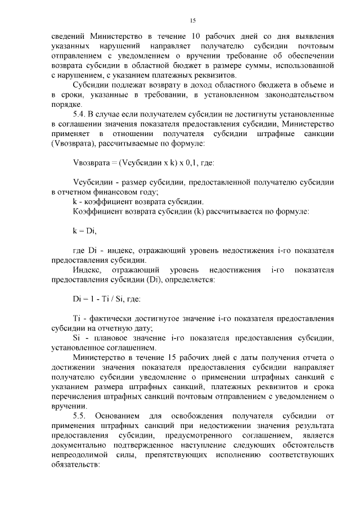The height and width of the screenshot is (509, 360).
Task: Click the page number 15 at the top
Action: pos(192,20)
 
